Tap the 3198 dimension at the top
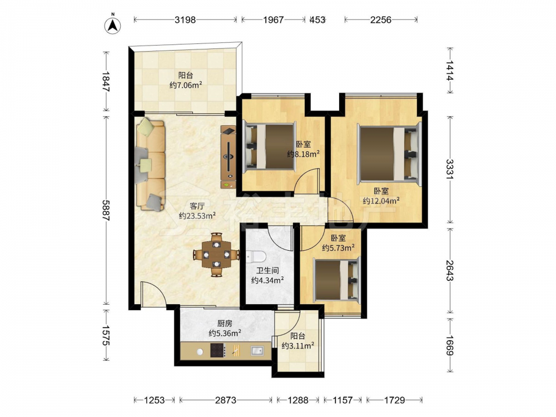pos(185,20)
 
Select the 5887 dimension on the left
pos(106,210)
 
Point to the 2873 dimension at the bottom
pos(226,400)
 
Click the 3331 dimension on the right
pos(450,170)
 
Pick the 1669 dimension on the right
pos(450,345)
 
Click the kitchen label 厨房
pos(225,324)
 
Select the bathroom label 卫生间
pos(267,271)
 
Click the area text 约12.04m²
pos(381,201)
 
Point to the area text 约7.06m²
pos(186,85)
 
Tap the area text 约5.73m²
pos(339,247)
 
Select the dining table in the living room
pos(216,254)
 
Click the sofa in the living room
pos(151,165)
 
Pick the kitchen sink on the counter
pos(257,350)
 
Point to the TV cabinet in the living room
pos(229,157)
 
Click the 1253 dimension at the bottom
pos(155,400)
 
